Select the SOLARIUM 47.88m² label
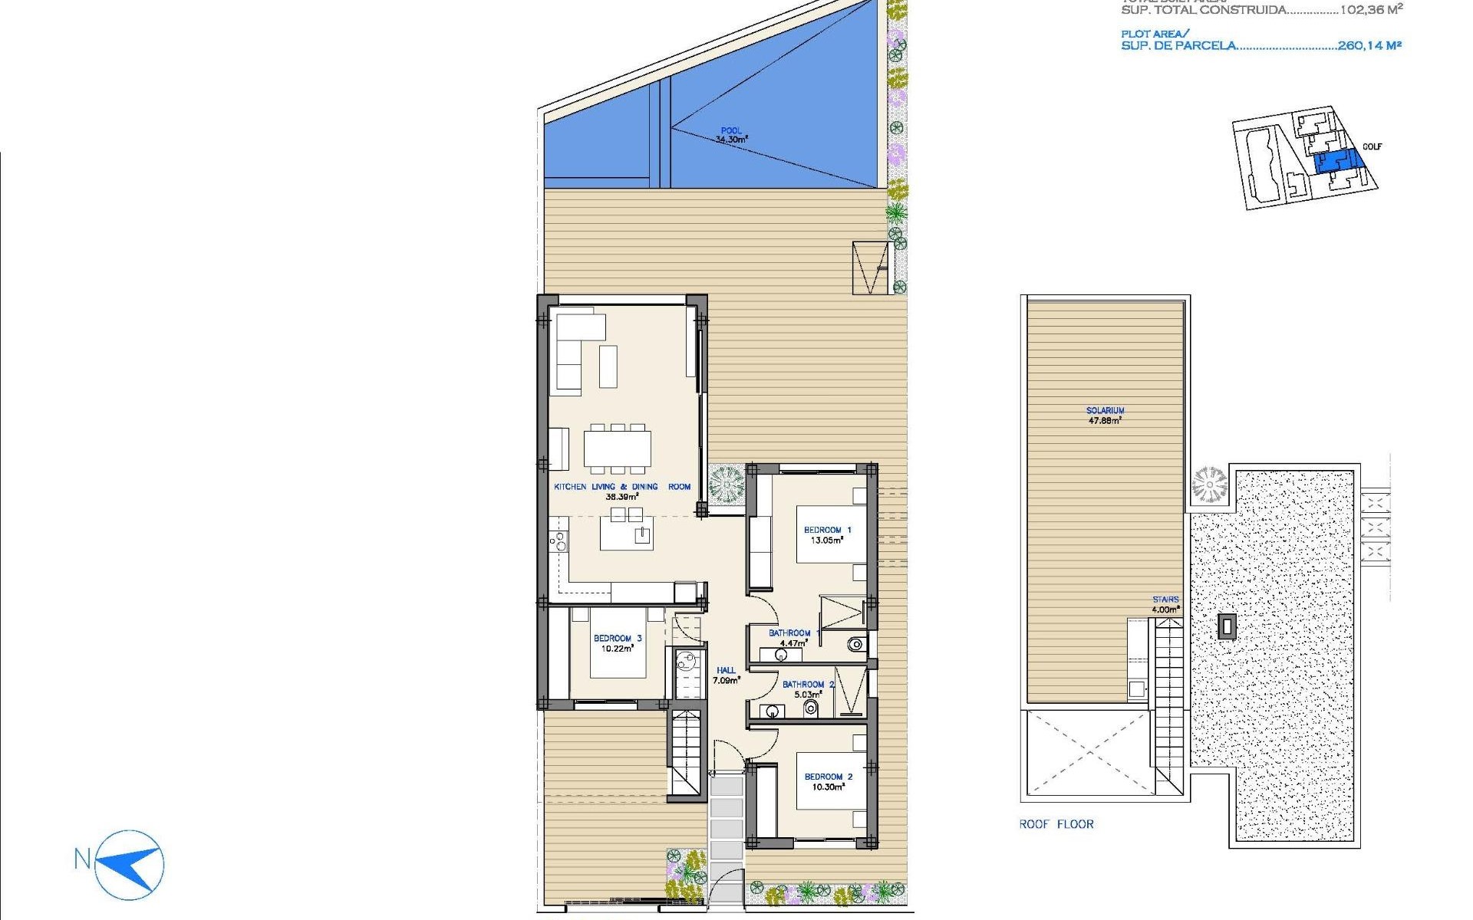pyautogui.click(x=1105, y=416)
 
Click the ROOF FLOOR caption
pyautogui.click(x=1056, y=824)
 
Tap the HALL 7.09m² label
pyautogui.click(x=726, y=675)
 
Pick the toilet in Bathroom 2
pyautogui.click(x=811, y=708)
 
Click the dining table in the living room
pyautogui.click(x=617, y=449)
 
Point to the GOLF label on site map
pyautogui.click(x=1372, y=146)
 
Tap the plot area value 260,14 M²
pyautogui.click(x=1369, y=46)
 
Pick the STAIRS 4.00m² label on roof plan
pyautogui.click(x=1165, y=604)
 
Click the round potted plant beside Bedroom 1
pyautogui.click(x=726, y=485)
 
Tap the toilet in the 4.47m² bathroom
pyautogui.click(x=855, y=644)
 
